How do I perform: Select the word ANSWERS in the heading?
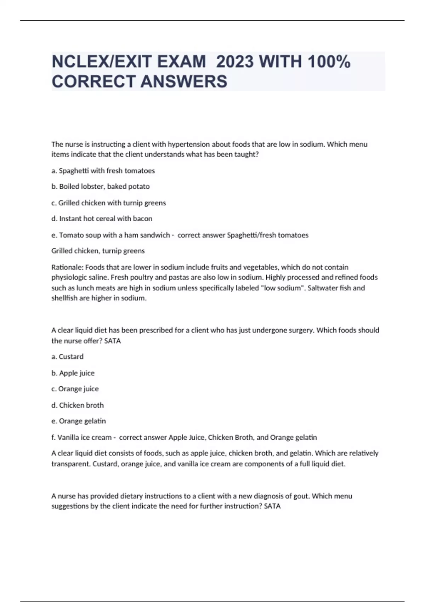[x=184, y=81]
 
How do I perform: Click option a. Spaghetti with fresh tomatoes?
[x=103, y=171]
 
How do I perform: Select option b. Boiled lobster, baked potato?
[x=101, y=187]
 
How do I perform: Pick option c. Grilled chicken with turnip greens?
[x=108, y=203]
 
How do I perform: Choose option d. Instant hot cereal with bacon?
[x=102, y=219]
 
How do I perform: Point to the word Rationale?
[x=67, y=267]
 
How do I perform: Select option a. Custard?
[x=68, y=357]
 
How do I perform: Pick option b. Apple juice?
[x=73, y=373]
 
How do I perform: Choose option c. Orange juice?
[x=75, y=389]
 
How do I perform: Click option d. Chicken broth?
[x=78, y=405]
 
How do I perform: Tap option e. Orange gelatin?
[x=79, y=421]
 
